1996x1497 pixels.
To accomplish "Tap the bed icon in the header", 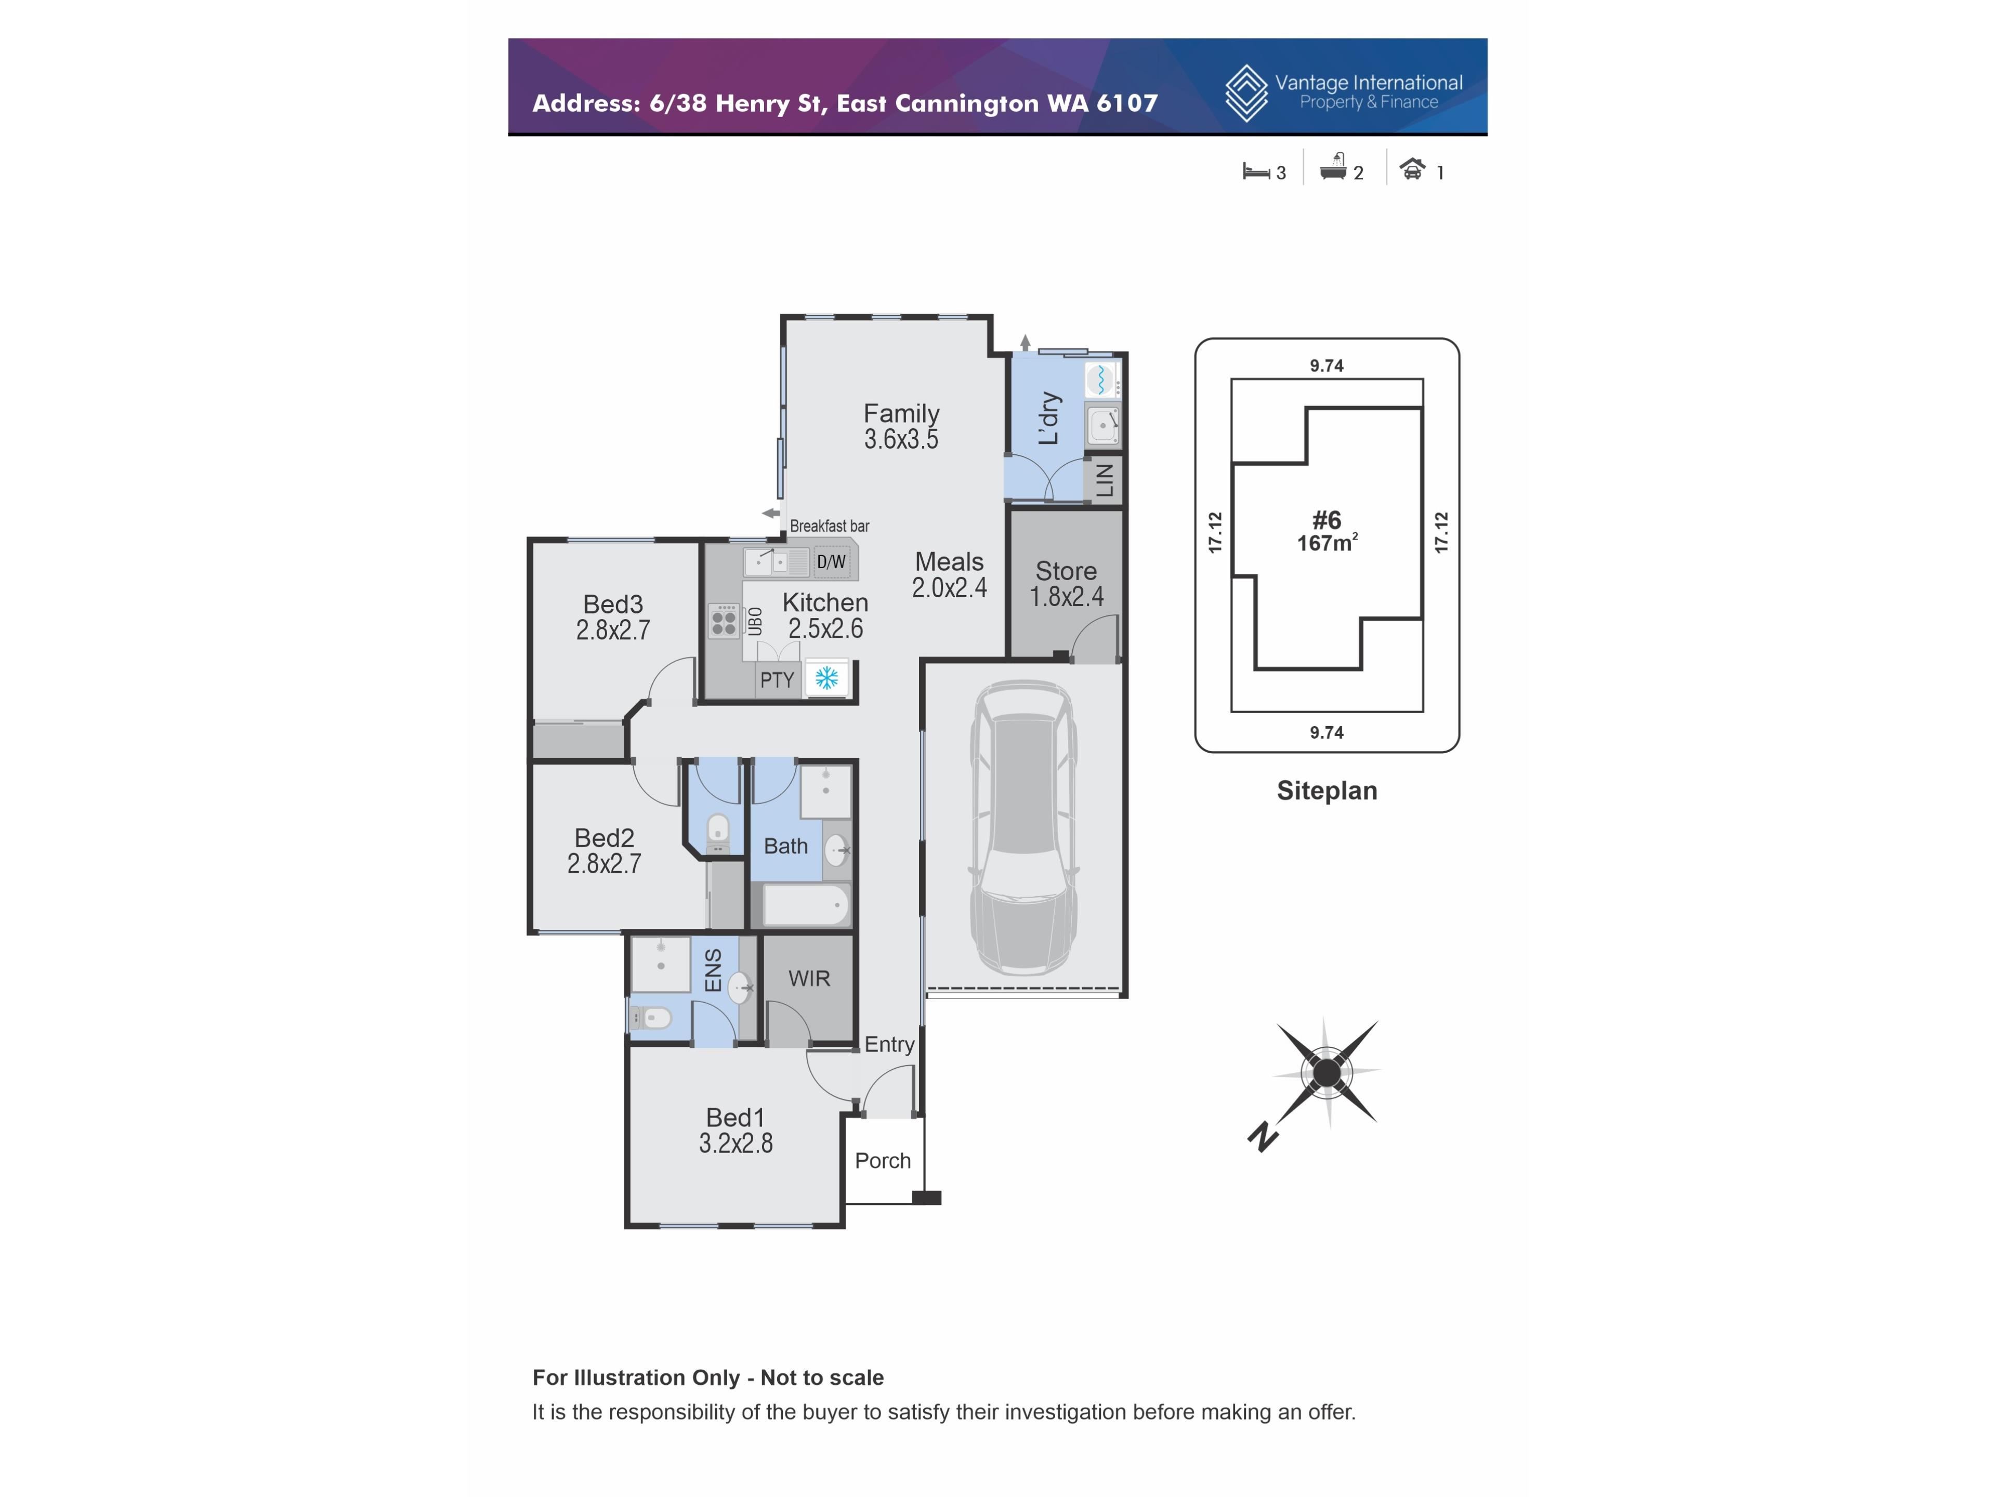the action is [x=1255, y=170].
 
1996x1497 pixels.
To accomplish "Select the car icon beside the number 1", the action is [x=1412, y=169].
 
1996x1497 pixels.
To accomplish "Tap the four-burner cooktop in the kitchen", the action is [x=724, y=621].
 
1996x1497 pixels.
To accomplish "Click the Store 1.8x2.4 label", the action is [x=1067, y=583].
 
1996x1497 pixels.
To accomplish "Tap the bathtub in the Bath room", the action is [x=806, y=904].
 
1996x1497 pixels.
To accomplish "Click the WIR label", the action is [x=808, y=978].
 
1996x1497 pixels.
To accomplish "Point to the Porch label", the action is [x=883, y=1160].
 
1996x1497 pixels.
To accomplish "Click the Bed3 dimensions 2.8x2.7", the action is [x=613, y=630].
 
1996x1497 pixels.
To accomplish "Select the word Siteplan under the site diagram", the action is [x=1327, y=791].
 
